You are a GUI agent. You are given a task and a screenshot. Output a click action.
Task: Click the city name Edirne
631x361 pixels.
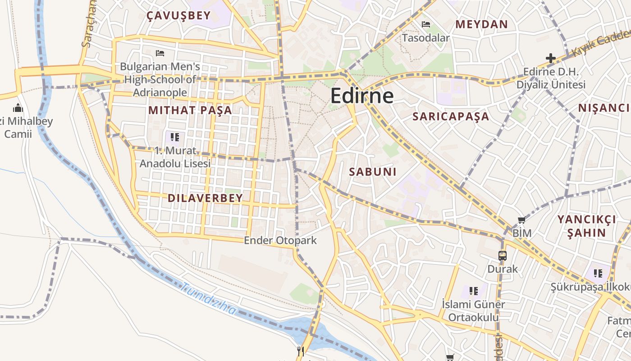click(362, 96)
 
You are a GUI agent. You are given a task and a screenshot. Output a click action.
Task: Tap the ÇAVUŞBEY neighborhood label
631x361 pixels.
click(178, 16)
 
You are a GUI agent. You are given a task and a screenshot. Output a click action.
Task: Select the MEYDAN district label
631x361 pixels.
click(481, 24)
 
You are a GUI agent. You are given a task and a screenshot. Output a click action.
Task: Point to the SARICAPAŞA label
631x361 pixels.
click(451, 116)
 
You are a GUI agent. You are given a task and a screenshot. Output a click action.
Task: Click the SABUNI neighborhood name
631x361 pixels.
click(373, 171)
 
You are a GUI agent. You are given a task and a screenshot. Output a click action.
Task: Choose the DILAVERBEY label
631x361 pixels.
click(205, 198)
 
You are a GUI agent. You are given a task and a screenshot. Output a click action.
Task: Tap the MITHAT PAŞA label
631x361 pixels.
click(190, 110)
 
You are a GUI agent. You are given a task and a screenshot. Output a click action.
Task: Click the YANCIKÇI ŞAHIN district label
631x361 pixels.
click(586, 226)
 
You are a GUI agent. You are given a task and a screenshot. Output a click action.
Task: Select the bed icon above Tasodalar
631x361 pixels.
click(425, 24)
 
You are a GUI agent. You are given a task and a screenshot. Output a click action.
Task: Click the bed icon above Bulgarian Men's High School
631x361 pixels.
click(160, 53)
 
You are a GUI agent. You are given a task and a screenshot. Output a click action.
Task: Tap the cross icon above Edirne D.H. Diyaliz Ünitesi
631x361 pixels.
click(550, 58)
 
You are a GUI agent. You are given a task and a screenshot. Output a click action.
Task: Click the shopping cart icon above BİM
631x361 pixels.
click(521, 220)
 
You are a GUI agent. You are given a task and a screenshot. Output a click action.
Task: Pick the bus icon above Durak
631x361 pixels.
click(503, 256)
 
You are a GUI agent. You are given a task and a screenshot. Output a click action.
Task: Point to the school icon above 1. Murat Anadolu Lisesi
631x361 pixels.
click(175, 137)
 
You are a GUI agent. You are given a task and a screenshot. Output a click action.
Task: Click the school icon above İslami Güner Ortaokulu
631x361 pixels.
click(473, 291)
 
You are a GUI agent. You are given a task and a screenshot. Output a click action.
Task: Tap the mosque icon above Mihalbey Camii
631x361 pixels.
click(18, 108)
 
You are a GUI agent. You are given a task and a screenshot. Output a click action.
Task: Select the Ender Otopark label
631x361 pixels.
click(280, 241)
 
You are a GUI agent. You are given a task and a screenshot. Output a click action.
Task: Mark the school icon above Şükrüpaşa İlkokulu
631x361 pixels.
click(598, 273)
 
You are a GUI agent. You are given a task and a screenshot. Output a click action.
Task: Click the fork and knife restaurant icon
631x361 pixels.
click(301, 351)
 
